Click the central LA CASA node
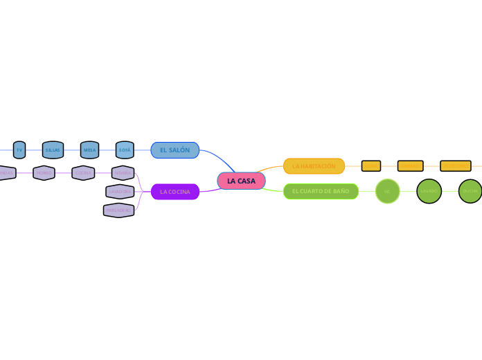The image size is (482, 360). (241, 181)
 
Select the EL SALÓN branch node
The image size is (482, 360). (175, 150)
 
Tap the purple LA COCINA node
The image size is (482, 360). (175, 191)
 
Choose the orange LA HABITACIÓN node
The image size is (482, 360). (314, 166)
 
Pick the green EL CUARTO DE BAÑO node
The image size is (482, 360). (321, 190)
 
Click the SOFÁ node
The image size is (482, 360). (125, 150)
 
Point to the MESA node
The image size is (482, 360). (90, 150)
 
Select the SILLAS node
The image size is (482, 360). (53, 150)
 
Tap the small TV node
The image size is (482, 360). (19, 150)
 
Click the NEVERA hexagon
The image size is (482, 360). (123, 172)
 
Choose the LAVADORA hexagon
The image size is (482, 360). (120, 190)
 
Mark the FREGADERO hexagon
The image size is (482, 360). (118, 210)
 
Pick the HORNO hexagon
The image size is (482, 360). (44, 172)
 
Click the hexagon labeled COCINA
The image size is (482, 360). (83, 172)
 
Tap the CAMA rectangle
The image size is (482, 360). (371, 166)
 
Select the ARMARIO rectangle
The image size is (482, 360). (410, 166)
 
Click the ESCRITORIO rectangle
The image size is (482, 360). (456, 166)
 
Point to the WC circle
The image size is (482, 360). (388, 191)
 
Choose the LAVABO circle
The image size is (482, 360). (429, 191)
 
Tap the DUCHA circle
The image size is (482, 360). (470, 191)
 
